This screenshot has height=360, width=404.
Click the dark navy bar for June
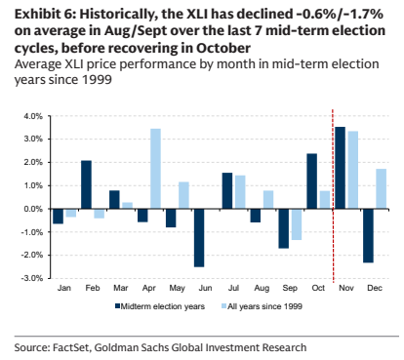coord(199,238)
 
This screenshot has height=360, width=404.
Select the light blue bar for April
coord(155,169)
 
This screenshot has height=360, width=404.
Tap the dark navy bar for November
coord(340,168)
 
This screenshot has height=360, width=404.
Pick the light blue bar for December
coord(381,189)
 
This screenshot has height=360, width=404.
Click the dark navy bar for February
coord(86,184)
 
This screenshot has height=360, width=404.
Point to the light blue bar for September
coord(297,224)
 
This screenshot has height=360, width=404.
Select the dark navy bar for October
coord(311,181)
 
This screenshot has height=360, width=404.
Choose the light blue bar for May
coord(183,195)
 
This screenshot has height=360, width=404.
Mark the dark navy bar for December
coord(368,236)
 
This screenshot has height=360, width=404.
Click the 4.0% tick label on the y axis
coord(33,116)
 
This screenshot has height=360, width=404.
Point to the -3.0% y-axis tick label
coord(32,278)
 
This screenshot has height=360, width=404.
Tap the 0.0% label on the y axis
coord(33,209)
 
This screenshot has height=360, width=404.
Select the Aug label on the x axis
coord(262,288)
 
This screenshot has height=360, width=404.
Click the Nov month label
coord(346,288)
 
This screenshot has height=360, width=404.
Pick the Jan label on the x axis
coord(64,288)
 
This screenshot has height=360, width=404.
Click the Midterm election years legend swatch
coord(118,306)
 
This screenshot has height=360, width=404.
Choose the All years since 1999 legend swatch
coord(223,306)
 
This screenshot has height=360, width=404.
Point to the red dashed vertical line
coord(333,196)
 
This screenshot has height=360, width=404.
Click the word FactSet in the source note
coord(70,347)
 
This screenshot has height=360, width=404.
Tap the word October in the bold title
coord(223,48)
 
